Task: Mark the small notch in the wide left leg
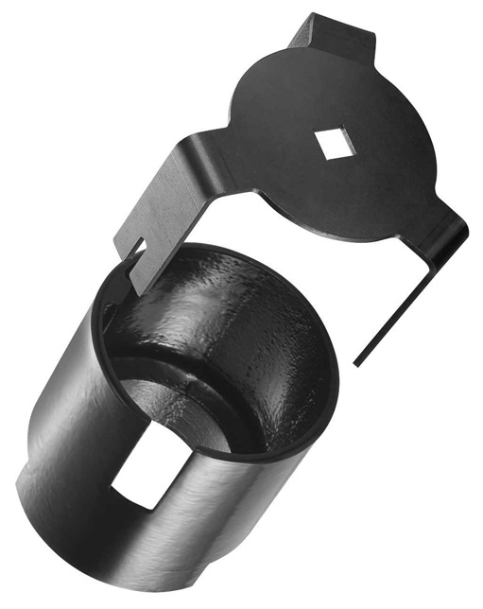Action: (x=135, y=249)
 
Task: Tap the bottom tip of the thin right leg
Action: (x=357, y=362)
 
